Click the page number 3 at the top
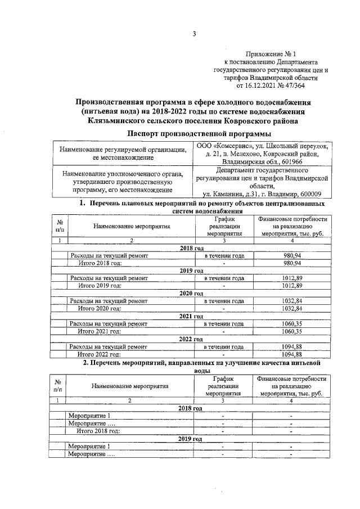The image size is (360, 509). click(x=194, y=33)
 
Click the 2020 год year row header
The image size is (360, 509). click(x=191, y=294)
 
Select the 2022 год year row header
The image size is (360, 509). click(x=191, y=339)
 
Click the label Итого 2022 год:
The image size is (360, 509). click(x=100, y=354)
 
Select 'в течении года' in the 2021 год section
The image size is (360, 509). click(x=223, y=324)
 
